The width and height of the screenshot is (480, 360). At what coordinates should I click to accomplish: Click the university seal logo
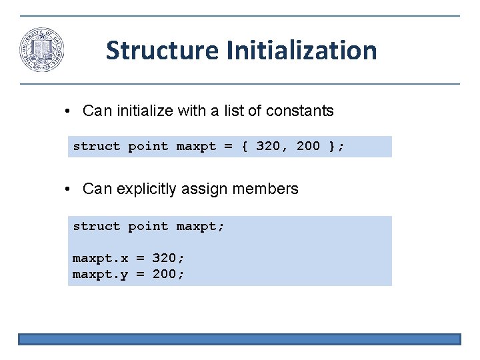(x=41, y=50)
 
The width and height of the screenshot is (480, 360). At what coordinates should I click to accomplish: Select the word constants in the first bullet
(x=299, y=111)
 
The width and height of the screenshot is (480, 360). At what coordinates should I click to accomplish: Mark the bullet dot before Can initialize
(x=69, y=111)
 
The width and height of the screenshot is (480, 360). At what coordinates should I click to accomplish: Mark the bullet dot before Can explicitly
(x=69, y=189)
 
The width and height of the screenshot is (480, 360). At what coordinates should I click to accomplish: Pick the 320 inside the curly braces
(x=268, y=147)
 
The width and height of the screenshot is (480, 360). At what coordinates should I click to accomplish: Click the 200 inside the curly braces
(x=308, y=147)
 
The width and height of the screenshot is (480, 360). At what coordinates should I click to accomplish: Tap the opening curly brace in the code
(x=244, y=147)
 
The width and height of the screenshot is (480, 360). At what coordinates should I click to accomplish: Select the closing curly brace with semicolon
(x=337, y=147)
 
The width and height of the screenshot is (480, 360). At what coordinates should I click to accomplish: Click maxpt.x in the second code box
(x=100, y=258)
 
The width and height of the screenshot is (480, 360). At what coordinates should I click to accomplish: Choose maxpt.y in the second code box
(x=100, y=274)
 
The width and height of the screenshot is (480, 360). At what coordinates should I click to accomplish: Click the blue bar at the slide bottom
(x=239, y=339)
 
